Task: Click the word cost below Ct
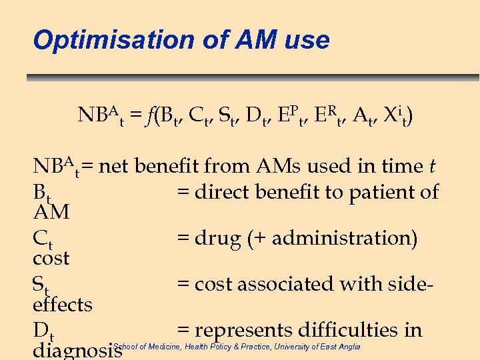(51, 258)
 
